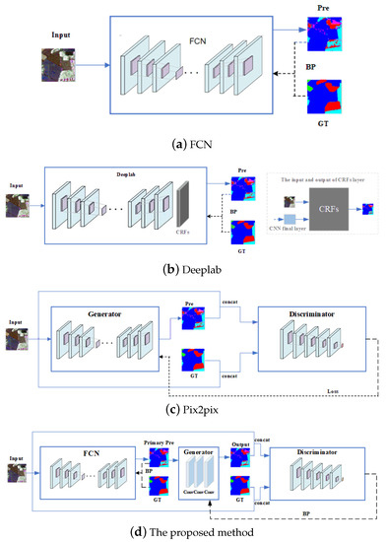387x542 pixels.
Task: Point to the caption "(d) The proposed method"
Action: point(193,532)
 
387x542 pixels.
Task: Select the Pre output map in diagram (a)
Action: point(324,37)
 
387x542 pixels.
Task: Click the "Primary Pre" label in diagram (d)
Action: point(159,441)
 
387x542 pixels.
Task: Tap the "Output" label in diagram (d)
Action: point(241,441)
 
